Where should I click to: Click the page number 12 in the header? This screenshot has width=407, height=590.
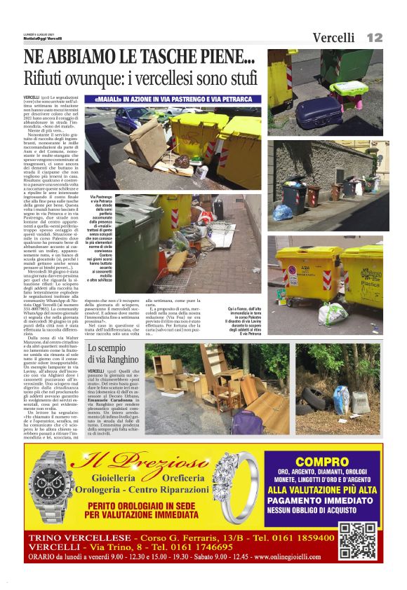pos(374,37)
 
